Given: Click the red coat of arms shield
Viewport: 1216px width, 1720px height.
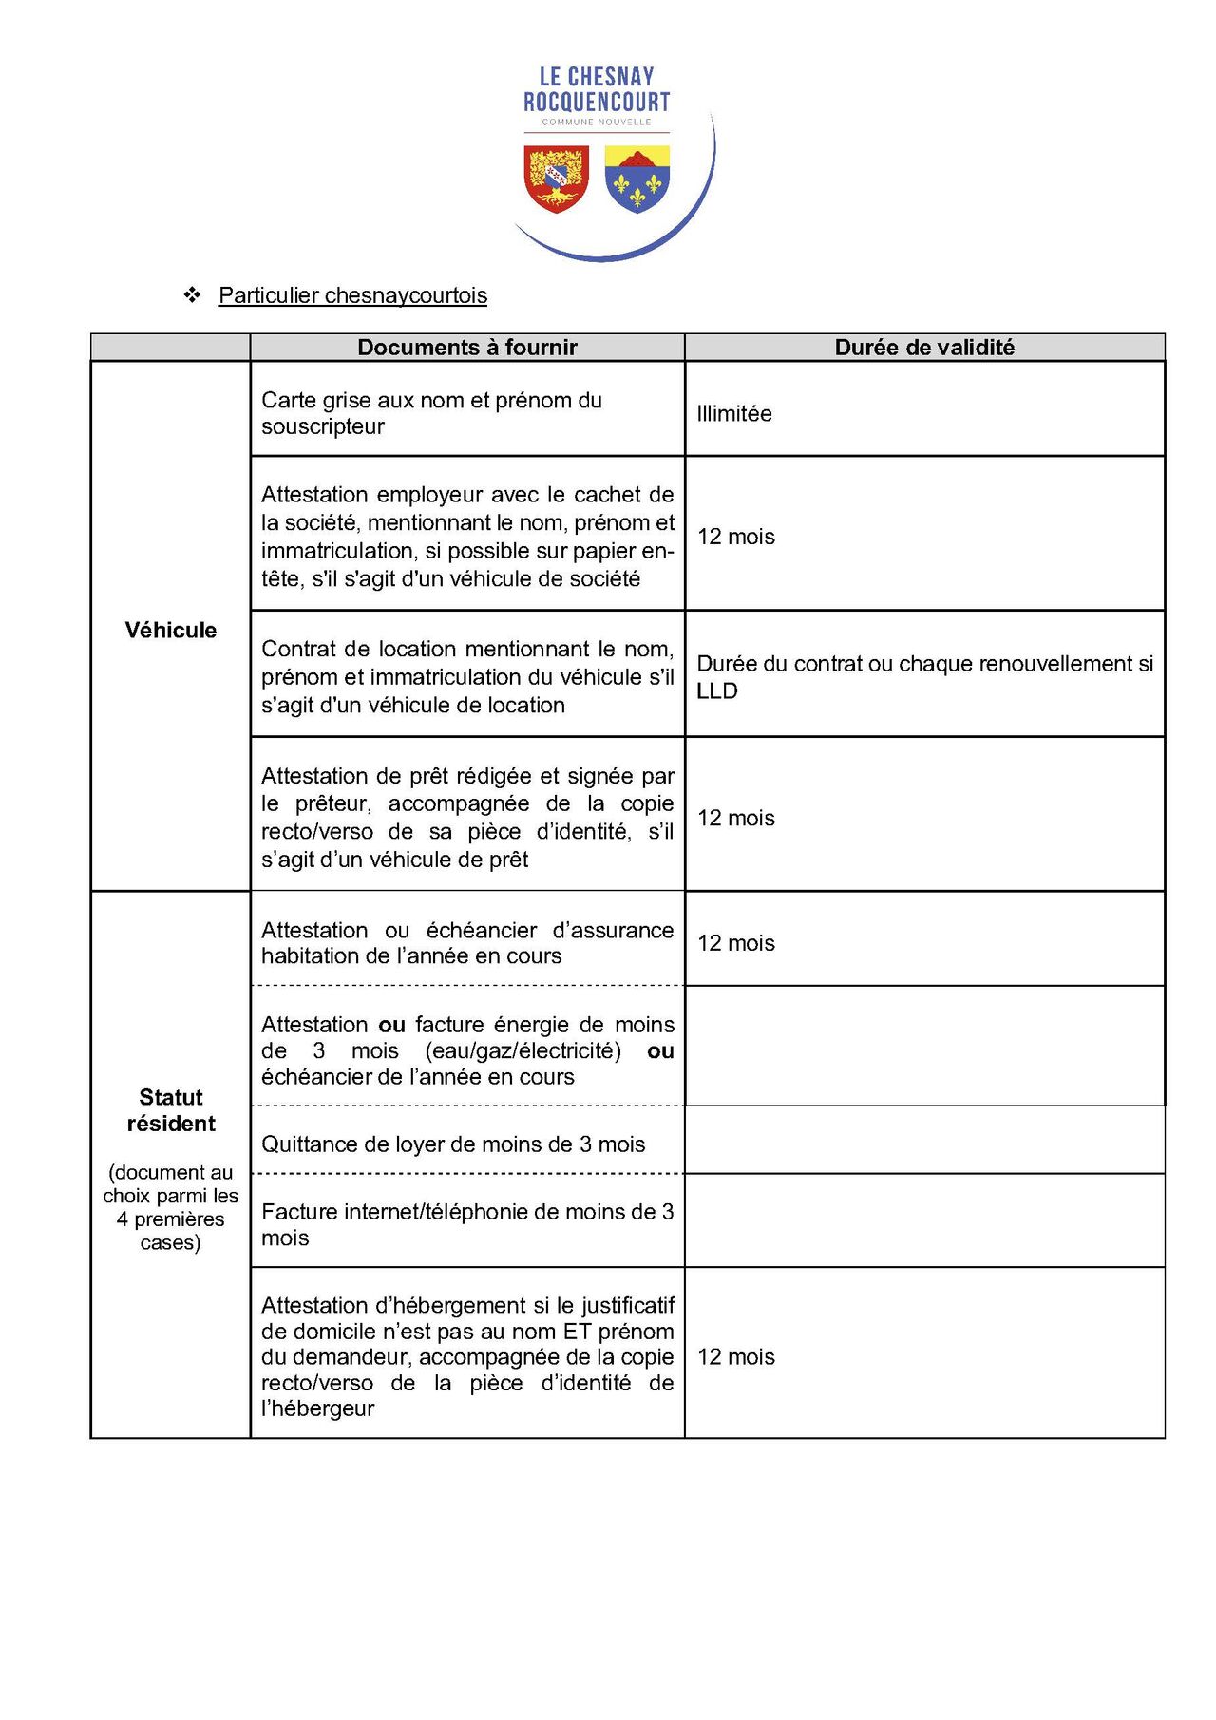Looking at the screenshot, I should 557,179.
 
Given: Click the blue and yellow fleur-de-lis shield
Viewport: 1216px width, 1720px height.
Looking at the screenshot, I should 636,179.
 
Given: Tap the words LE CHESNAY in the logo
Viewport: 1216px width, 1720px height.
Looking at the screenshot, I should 597,77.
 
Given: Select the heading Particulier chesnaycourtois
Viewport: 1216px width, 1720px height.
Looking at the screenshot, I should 352,295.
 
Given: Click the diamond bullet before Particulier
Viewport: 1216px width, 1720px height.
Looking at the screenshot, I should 193,295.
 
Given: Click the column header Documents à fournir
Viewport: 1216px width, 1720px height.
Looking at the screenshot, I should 466,348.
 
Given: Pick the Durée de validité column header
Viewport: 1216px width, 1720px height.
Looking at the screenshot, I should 924,348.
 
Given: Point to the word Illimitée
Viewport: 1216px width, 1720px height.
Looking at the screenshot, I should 734,414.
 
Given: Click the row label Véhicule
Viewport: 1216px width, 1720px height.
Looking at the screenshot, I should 171,631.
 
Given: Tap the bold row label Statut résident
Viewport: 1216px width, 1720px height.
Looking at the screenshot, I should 171,1110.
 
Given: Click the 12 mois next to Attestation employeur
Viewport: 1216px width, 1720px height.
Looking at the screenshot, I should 736,537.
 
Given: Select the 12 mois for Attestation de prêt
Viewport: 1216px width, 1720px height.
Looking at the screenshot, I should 736,818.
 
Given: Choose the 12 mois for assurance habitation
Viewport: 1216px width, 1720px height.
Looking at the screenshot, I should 736,943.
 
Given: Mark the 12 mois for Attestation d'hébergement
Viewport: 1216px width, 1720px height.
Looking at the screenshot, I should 736,1357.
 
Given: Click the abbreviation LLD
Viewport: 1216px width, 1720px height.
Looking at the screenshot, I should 717,691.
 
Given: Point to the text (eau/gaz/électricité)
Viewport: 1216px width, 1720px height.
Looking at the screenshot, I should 523,1051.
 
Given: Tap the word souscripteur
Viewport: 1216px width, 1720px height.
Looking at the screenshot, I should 323,426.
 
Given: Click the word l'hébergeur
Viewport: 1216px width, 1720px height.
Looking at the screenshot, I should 318,1408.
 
